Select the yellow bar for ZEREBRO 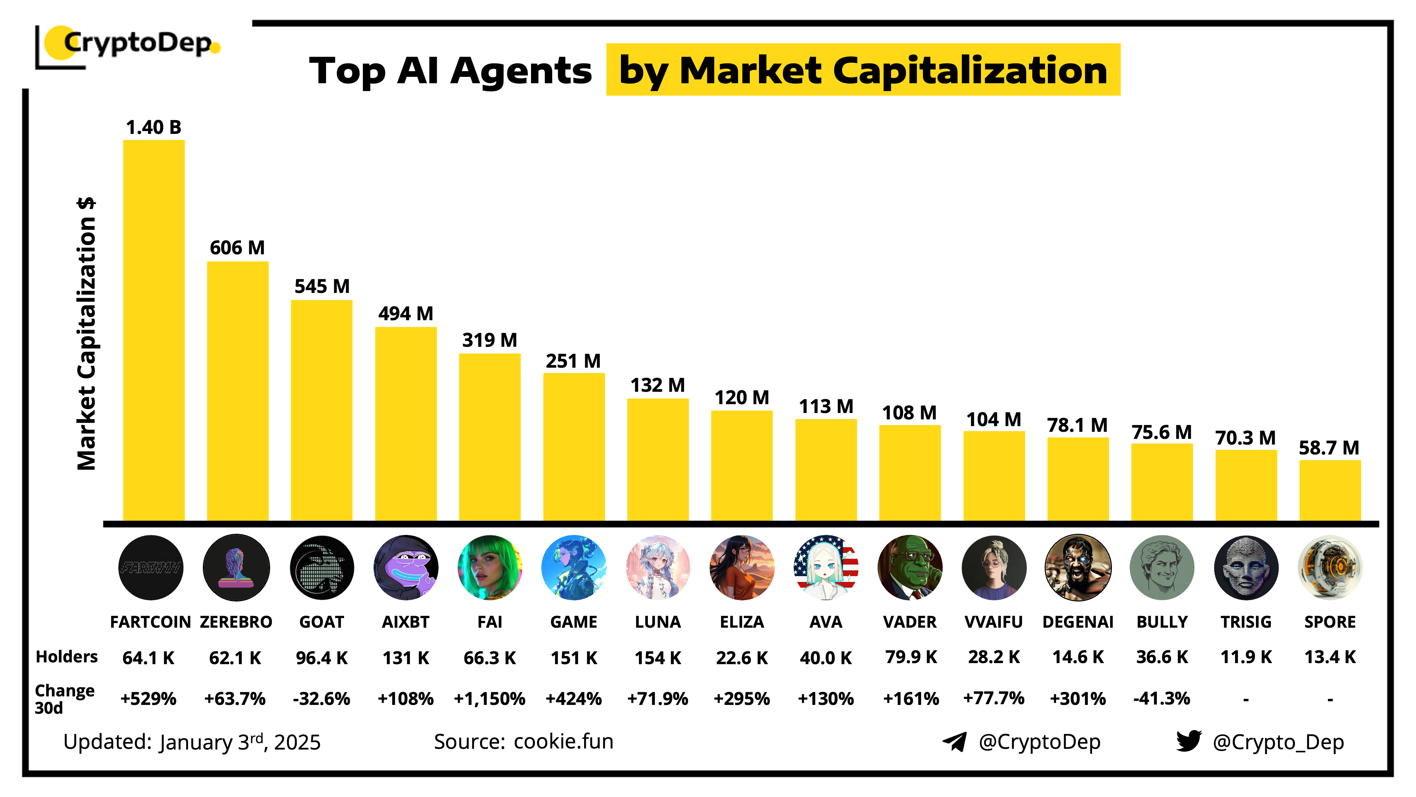[x=238, y=390]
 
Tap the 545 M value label [x=321, y=287]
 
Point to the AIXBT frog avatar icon [x=406, y=567]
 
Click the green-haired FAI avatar [x=490, y=567]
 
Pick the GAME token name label [x=573, y=622]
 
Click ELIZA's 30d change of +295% [x=742, y=699]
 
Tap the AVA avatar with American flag [x=826, y=567]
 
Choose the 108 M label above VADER [x=909, y=413]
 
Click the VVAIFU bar [x=994, y=476]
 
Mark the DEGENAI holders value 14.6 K [x=1077, y=657]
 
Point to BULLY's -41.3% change [x=1161, y=699]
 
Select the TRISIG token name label [x=1246, y=622]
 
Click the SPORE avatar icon [x=1330, y=567]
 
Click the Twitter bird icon [x=1188, y=741]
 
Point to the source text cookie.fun [x=564, y=741]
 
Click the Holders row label [x=67, y=657]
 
